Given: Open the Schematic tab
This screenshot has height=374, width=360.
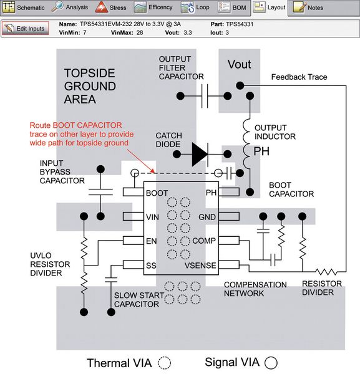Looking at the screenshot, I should pyautogui.click(x=24, y=8).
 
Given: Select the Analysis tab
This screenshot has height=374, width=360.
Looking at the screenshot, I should pyautogui.click(x=71, y=8).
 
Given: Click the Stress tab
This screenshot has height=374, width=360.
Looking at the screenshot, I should pyautogui.click(x=111, y=8).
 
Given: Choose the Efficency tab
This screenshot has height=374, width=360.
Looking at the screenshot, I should pyautogui.click(x=153, y=8).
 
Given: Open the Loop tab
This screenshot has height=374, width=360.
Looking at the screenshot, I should pyautogui.click(x=195, y=8).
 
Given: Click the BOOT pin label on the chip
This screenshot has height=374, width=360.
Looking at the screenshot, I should pyautogui.click(x=156, y=193).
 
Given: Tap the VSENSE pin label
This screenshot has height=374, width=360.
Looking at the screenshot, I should pyautogui.click(x=201, y=266).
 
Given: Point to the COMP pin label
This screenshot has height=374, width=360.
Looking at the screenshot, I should pyautogui.click(x=204, y=241).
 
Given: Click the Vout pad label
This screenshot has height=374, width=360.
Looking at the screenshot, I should pyautogui.click(x=240, y=64).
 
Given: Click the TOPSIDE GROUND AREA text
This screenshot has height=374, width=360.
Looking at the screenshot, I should pyautogui.click(x=90, y=85).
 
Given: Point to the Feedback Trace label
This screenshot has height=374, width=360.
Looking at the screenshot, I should pyautogui.click(x=299, y=77).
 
